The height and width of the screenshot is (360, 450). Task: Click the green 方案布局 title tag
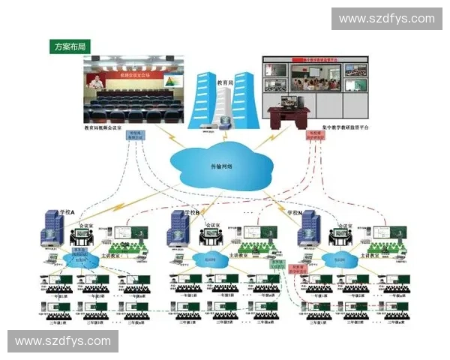click(70, 46)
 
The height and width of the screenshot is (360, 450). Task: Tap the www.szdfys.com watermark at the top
click(386, 19)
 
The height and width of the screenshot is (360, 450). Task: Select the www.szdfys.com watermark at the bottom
click(63, 341)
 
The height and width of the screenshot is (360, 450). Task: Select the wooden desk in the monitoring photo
click(289, 112)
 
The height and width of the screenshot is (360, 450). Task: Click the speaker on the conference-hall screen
click(95, 81)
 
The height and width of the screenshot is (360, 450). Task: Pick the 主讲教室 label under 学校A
click(111, 255)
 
